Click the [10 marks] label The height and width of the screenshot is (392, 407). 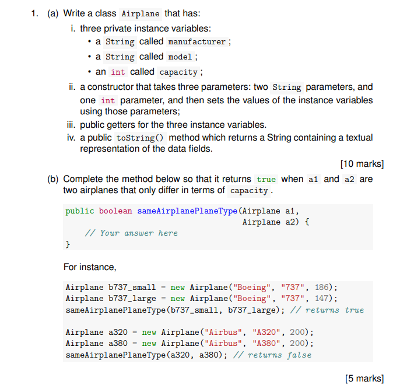(361, 163)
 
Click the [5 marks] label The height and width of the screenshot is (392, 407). (364, 379)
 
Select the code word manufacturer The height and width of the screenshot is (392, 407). (197, 42)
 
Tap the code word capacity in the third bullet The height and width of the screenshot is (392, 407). (178, 72)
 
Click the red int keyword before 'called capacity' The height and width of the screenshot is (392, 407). (118, 72)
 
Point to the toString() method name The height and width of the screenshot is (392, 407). (140, 138)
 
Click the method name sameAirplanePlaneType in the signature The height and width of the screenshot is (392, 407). (187, 211)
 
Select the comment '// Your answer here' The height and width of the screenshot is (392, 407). (131, 233)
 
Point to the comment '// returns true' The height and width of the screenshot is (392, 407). (328, 310)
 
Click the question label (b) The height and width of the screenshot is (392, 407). (54, 179)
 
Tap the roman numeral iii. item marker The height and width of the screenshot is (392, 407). (72, 125)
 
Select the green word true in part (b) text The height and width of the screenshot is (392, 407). (266, 180)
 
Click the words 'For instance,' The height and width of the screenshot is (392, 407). (90, 267)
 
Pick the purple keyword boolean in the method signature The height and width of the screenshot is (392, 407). (115, 211)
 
